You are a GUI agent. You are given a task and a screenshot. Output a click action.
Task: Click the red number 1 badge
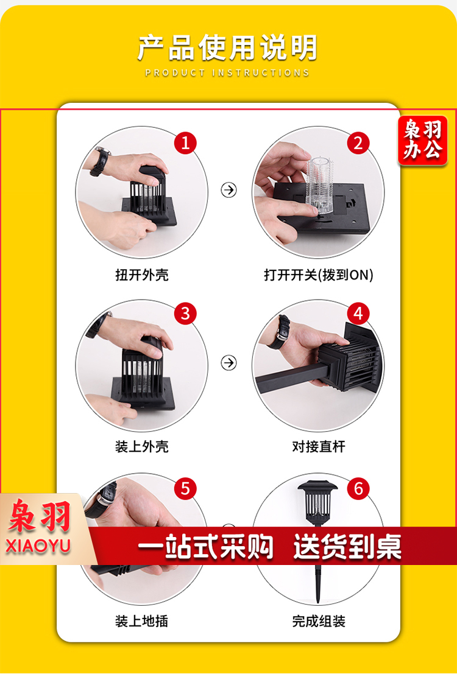pyautogui.click(x=185, y=143)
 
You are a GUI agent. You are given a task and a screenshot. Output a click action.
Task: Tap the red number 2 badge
pyautogui.click(x=358, y=143)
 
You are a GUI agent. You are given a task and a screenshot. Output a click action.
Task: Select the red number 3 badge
pyautogui.click(x=185, y=314)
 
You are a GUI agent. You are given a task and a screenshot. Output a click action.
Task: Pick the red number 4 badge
pyautogui.click(x=358, y=314)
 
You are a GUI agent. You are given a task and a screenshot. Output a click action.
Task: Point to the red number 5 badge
pyautogui.click(x=185, y=489)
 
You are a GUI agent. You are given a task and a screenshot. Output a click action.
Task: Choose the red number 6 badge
pyautogui.click(x=358, y=489)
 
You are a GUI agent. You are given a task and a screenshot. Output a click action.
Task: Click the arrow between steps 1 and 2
pyautogui.click(x=229, y=189)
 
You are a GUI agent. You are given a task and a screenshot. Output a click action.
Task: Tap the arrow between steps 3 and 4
pyautogui.click(x=229, y=363)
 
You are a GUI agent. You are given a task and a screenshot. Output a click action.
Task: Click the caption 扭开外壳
pyautogui.click(x=141, y=275)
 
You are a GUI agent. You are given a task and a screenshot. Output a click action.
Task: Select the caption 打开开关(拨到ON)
pyautogui.click(x=319, y=275)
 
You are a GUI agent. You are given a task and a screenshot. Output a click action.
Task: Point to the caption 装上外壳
pyautogui.click(x=141, y=447)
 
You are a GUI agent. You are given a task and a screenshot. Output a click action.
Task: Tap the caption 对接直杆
pyautogui.click(x=319, y=447)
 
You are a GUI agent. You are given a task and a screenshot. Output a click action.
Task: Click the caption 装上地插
pyautogui.click(x=141, y=620)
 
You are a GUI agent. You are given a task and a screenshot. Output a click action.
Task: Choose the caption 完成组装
pyautogui.click(x=319, y=620)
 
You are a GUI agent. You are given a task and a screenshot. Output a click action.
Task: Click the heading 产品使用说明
pyautogui.click(x=228, y=47)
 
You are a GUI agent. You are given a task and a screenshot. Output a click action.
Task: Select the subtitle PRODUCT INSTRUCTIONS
pyautogui.click(x=228, y=72)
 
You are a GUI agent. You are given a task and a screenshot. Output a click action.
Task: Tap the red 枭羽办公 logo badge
pyautogui.click(x=423, y=141)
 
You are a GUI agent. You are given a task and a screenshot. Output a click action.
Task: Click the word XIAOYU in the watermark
pyautogui.click(x=38, y=546)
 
